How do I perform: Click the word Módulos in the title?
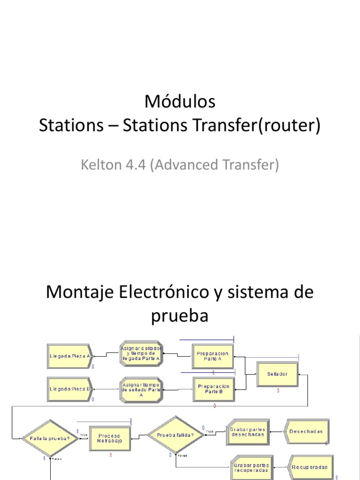point(180,102)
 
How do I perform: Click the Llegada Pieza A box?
point(70,356)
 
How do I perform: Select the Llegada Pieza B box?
point(70,389)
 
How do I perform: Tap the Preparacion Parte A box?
point(213,356)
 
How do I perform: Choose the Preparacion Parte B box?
point(214,389)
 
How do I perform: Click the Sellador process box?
point(277,374)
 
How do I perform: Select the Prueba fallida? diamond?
point(173,435)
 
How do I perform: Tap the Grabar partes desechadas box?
point(247,432)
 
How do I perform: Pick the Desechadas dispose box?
point(306,432)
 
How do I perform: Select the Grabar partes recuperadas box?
point(251,467)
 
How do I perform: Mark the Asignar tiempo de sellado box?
point(141,389)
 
